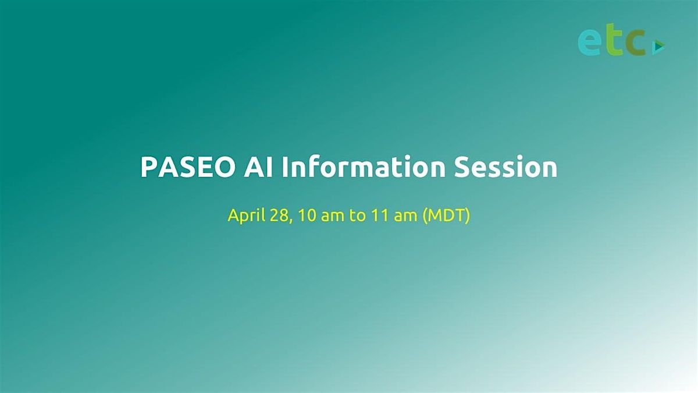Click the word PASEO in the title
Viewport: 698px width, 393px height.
187,167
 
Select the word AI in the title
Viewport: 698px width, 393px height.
259,167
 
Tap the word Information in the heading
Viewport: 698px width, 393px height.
364,167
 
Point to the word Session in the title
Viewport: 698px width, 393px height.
505,167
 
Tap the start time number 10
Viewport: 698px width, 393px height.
307,215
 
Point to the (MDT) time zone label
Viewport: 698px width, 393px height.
446,216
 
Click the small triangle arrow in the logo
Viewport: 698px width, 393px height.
658,47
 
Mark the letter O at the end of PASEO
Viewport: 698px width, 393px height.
222,167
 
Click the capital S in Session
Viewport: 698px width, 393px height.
462,167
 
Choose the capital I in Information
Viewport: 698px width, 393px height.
285,167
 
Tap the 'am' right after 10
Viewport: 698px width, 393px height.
332,217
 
